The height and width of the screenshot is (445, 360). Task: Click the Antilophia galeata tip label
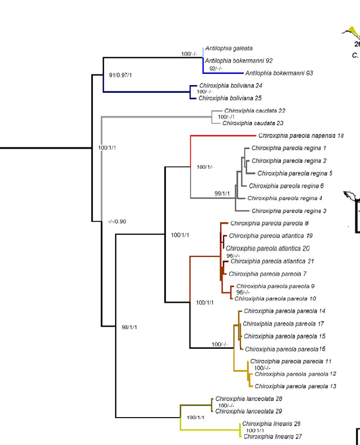pyautogui.click(x=229, y=48)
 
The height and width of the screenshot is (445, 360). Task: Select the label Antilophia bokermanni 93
pyautogui.click(x=279, y=73)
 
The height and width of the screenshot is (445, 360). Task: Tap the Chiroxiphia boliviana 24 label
pyautogui.click(x=230, y=86)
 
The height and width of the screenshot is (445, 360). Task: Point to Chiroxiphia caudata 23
pyautogui.click(x=253, y=123)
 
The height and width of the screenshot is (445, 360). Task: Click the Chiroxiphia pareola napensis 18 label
pyautogui.click(x=301, y=135)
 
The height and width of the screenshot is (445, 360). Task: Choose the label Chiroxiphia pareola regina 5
pyautogui.click(x=294, y=174)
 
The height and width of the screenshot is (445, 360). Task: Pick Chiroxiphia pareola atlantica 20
pyautogui.click(x=268, y=248)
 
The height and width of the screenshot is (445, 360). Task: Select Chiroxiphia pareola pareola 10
pyautogui.click(x=275, y=299)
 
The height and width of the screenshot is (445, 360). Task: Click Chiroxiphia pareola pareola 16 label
pyautogui.click(x=285, y=349)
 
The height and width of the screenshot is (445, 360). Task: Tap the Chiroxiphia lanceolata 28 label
pyautogui.click(x=248, y=399)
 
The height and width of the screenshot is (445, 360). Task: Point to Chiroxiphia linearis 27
pyautogui.click(x=272, y=437)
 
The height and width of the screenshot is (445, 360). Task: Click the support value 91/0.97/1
pyautogui.click(x=120, y=75)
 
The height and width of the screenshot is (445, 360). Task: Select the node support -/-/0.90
pyautogui.click(x=117, y=222)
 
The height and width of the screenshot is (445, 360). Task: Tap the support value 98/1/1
pyautogui.click(x=129, y=327)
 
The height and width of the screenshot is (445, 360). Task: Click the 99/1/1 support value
pyautogui.click(x=222, y=194)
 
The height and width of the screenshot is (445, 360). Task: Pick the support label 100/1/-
pyautogui.click(x=205, y=167)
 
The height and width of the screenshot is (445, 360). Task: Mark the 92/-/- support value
pyautogui.click(x=216, y=68)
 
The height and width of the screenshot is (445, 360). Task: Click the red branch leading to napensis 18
pyautogui.click(x=223, y=136)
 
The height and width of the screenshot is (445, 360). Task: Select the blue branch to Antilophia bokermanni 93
pyautogui.click(x=223, y=73)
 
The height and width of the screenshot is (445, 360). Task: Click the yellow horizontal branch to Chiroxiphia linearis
pyautogui.click(x=210, y=430)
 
